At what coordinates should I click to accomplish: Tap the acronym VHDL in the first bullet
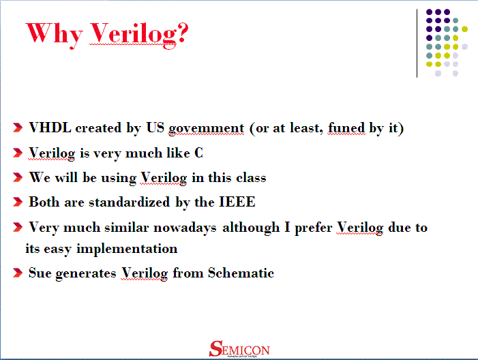50,128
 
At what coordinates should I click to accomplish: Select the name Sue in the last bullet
40,273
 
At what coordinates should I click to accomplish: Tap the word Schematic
241,273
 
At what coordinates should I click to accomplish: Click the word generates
86,274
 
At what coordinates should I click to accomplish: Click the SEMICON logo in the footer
239,349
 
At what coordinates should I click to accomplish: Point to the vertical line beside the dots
417,42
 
